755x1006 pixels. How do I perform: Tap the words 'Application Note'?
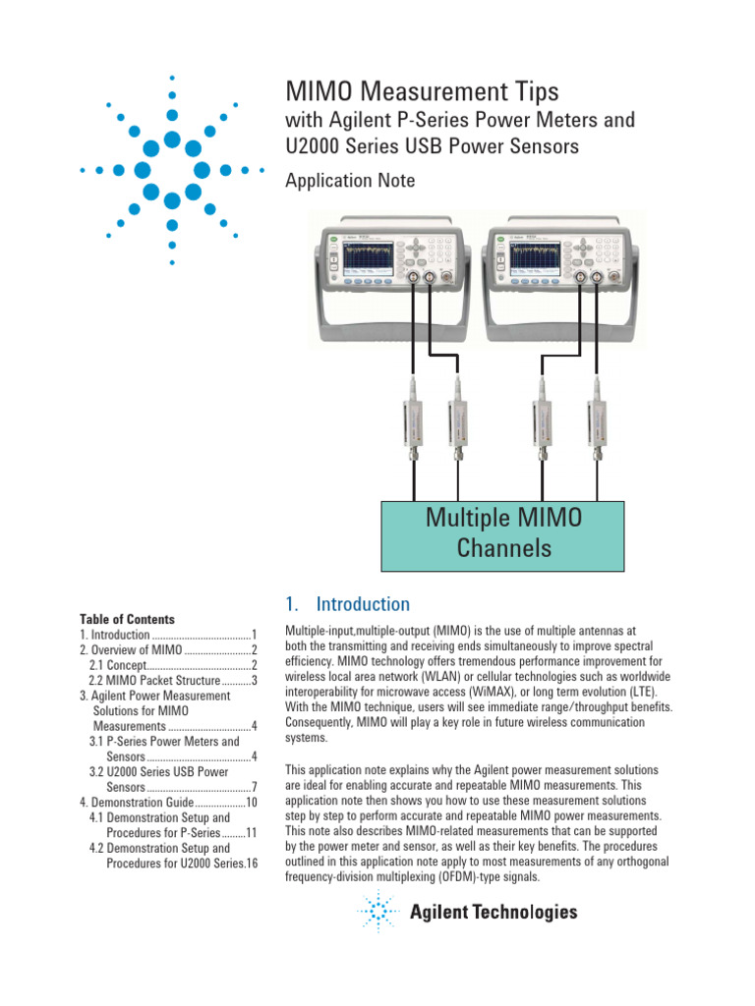pyautogui.click(x=349, y=181)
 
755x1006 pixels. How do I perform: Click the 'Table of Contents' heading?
pyautogui.click(x=127, y=620)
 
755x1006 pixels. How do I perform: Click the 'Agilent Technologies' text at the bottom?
pyautogui.click(x=494, y=913)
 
